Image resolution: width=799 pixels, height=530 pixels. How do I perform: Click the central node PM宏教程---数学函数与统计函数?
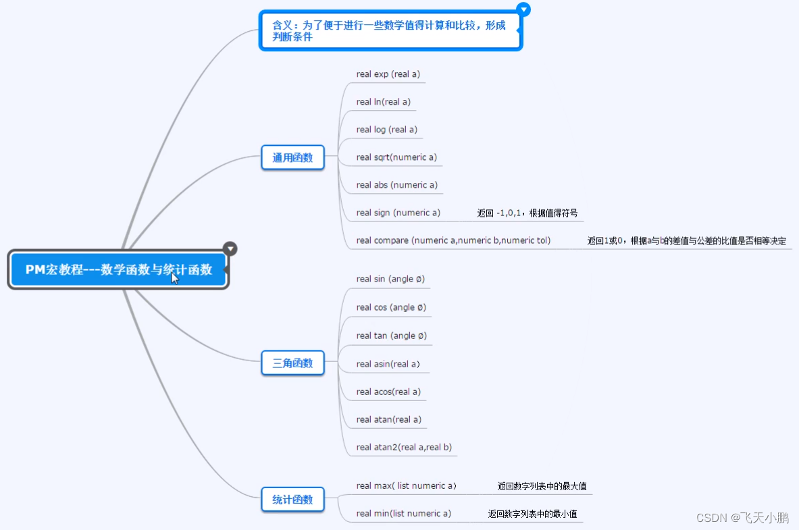coord(118,270)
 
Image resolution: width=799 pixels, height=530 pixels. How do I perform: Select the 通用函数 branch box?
coord(292,158)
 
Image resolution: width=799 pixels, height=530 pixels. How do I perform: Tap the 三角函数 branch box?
coord(292,363)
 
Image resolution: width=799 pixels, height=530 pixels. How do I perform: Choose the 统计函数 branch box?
coord(292,500)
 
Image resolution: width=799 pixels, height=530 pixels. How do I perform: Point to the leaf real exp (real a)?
coord(388,74)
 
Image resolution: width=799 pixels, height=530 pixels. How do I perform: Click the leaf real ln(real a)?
coord(384,102)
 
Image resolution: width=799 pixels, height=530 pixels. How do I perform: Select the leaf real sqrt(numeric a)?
coord(396,157)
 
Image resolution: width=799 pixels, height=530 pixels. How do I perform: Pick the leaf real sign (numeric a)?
coord(398,213)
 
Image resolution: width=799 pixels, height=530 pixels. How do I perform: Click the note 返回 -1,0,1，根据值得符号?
coord(527,213)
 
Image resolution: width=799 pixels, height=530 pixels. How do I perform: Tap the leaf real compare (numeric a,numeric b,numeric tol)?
coord(453,240)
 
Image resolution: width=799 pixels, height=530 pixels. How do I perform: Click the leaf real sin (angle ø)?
coord(390,279)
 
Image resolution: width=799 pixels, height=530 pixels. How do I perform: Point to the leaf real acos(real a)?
coord(388,392)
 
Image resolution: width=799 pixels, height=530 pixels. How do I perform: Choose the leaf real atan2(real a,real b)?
coord(404,447)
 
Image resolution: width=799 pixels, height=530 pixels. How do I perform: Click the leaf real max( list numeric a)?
coord(407,485)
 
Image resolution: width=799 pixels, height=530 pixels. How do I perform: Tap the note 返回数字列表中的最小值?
coord(532,514)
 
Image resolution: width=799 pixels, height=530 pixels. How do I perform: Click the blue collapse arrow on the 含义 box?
coord(523,9)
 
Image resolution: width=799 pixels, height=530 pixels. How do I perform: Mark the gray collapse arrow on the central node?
coord(230,248)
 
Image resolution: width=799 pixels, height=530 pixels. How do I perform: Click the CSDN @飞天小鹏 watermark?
coord(742,518)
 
